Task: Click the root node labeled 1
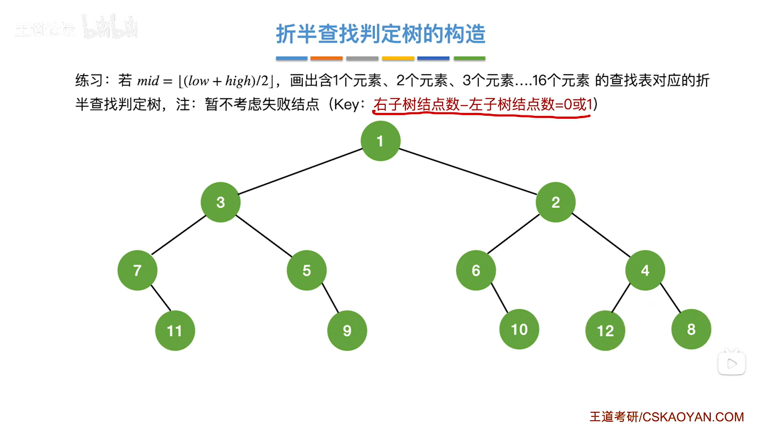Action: [380, 141]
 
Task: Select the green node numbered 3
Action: [220, 202]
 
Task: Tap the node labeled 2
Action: [555, 202]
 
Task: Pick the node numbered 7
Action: [137, 270]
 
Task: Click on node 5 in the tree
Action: [307, 270]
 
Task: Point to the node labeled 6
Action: [476, 270]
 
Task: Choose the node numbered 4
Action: [645, 270]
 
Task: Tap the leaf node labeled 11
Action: [175, 331]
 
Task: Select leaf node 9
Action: [347, 331]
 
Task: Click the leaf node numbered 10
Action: [519, 330]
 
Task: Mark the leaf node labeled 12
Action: [605, 331]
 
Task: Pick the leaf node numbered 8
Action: [691, 330]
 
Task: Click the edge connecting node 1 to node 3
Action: [300, 172]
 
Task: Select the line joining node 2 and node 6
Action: [513, 234]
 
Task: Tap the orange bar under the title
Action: [326, 58]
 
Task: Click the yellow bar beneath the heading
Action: [398, 58]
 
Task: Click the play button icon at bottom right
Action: [732, 364]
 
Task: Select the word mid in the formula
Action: [148, 81]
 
